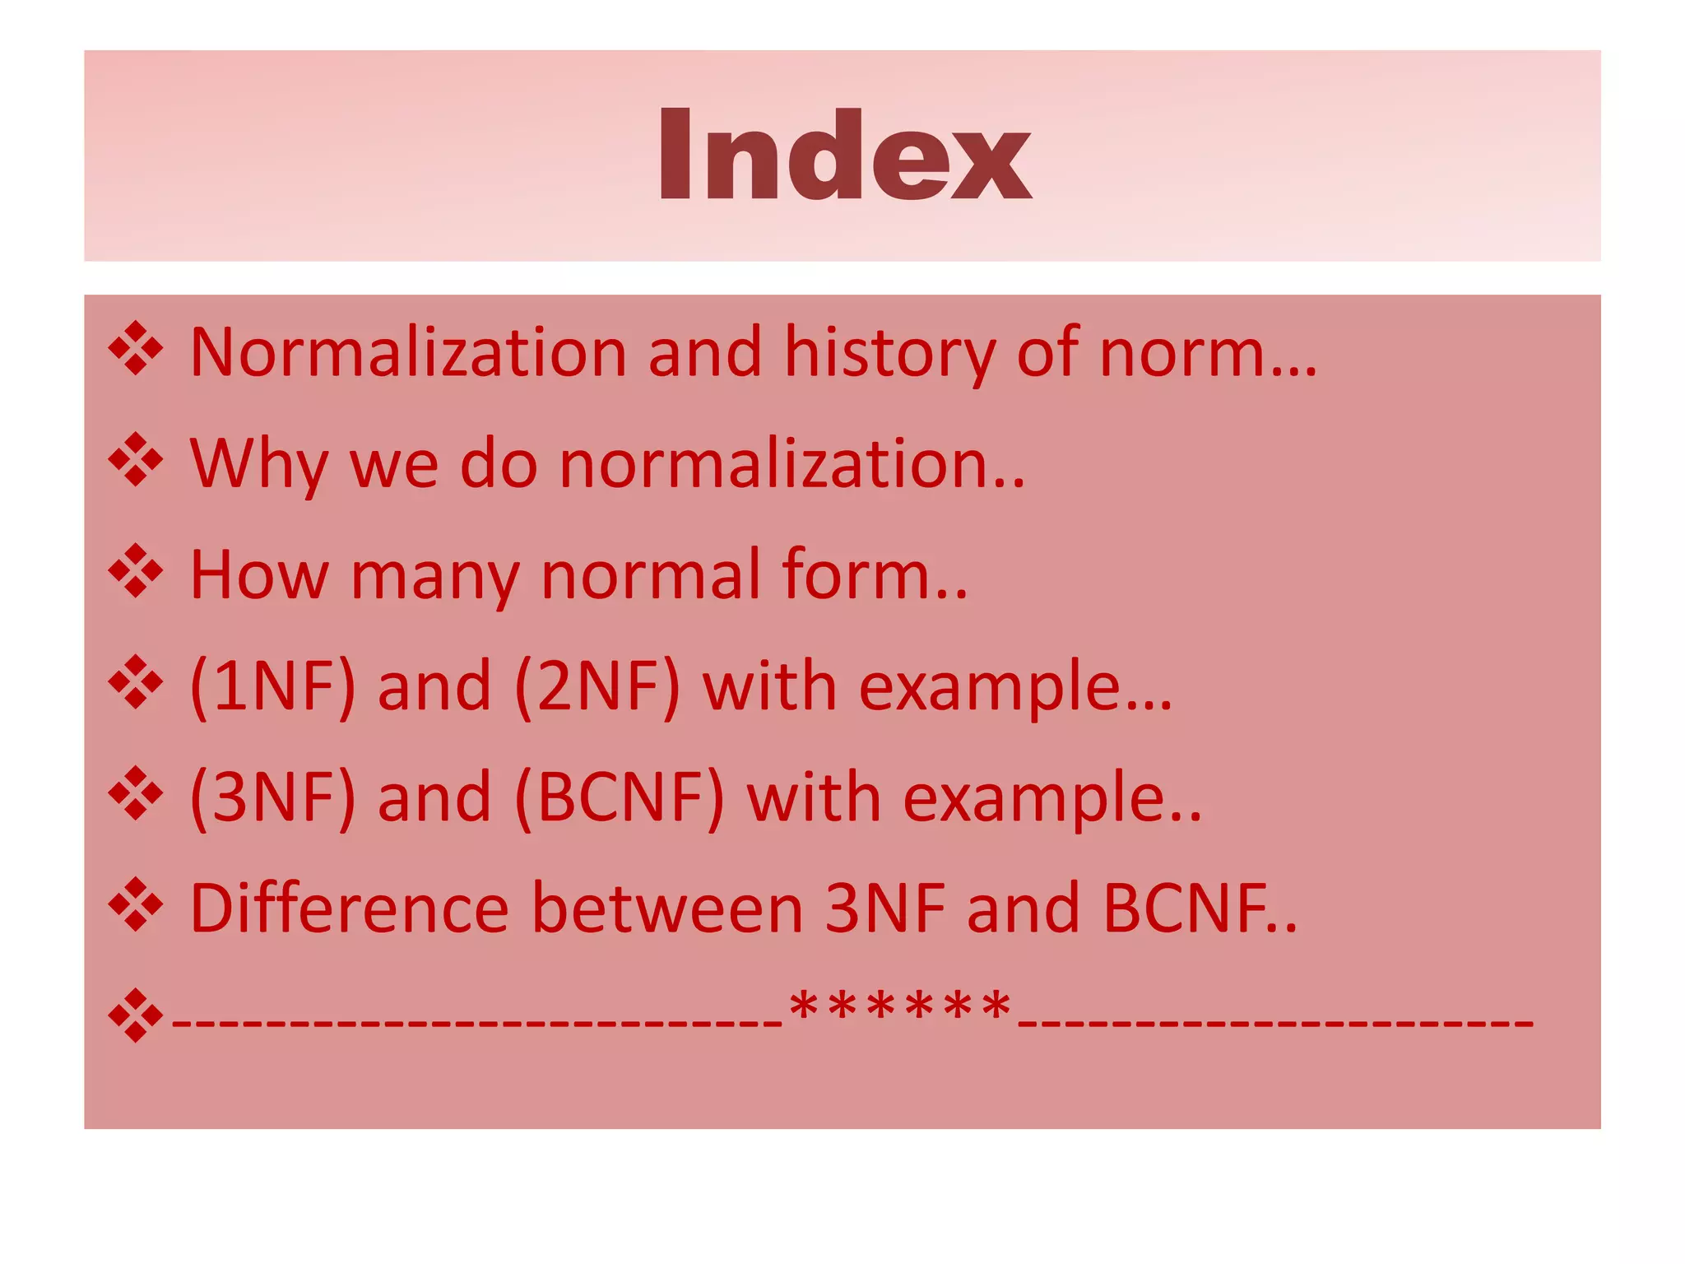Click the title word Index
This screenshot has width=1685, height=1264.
point(843,156)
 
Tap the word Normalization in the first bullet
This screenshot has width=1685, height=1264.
point(408,352)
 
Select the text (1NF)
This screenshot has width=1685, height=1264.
point(272,686)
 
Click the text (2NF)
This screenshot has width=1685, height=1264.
point(597,686)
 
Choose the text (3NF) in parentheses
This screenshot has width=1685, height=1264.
point(272,797)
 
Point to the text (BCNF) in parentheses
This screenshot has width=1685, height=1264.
point(620,797)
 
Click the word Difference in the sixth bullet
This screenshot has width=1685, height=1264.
point(350,908)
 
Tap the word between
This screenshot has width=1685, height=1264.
point(667,908)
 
